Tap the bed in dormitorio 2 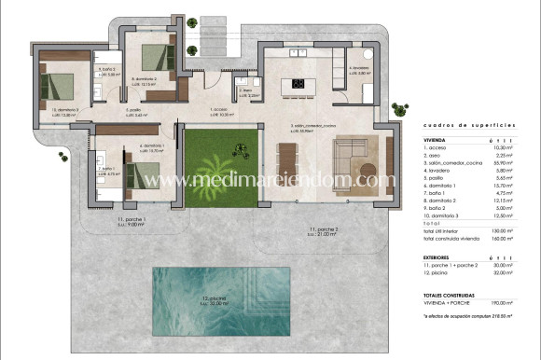point(158,61)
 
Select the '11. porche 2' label point(323,228)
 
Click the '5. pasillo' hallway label point(136,112)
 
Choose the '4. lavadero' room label point(360,69)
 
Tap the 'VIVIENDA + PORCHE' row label point(445,303)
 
